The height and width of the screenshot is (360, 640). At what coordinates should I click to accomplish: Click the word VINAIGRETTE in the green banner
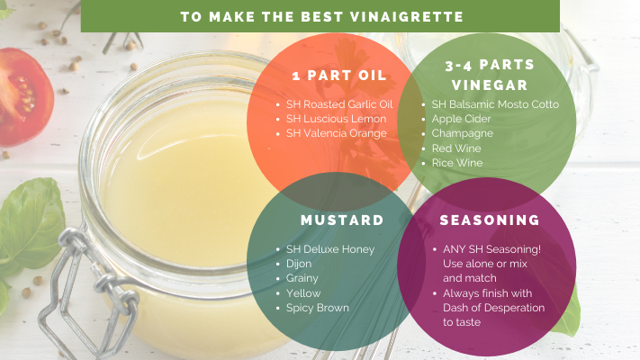click(407, 17)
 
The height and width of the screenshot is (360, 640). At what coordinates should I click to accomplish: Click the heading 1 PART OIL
click(339, 76)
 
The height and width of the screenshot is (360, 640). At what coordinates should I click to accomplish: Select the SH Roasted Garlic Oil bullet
click(339, 104)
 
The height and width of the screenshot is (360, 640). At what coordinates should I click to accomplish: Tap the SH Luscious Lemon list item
click(336, 119)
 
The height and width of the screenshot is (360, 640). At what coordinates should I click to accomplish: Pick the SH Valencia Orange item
click(337, 133)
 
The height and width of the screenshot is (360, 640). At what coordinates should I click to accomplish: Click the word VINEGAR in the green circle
click(490, 85)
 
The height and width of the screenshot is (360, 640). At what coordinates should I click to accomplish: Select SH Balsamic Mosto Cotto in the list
click(495, 104)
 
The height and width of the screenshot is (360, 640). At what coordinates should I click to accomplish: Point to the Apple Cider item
click(461, 119)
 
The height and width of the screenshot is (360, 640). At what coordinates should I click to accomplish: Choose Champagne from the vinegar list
click(463, 133)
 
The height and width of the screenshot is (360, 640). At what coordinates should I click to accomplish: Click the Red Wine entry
click(456, 148)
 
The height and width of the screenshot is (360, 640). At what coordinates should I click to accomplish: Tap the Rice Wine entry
click(457, 163)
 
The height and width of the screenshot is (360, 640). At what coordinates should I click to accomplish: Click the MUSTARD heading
click(342, 220)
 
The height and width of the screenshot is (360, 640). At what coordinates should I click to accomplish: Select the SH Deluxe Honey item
click(330, 249)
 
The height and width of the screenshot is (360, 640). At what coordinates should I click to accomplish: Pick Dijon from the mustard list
click(299, 264)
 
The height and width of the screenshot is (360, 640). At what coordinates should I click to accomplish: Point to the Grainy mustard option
click(302, 278)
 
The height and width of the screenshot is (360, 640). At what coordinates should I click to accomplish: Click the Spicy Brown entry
click(318, 308)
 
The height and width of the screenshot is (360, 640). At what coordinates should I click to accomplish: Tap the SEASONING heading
click(490, 220)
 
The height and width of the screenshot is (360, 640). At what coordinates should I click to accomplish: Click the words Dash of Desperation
click(494, 308)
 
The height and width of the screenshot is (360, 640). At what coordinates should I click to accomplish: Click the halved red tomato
click(25, 97)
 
